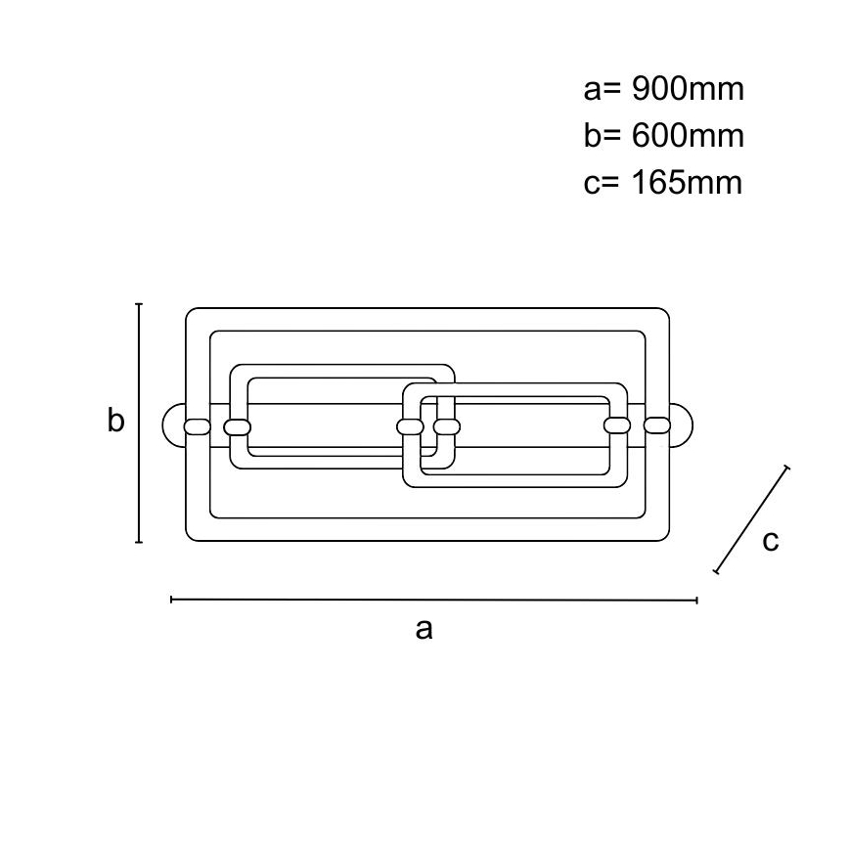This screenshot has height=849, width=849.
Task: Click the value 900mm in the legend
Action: tap(688, 89)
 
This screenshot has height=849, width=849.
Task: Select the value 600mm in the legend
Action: tap(688, 135)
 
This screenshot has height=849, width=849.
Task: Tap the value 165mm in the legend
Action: tap(687, 182)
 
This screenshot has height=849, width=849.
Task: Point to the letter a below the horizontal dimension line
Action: tap(424, 629)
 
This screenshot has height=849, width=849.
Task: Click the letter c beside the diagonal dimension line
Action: tap(771, 540)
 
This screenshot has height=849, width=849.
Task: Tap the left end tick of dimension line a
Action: tap(171, 600)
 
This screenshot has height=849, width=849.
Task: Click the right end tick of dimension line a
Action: tap(696, 600)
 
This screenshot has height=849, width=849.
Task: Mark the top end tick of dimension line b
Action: tap(139, 304)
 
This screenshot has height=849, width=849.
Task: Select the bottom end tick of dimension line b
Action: tap(139, 542)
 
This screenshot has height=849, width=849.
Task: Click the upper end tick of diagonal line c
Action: tap(786, 468)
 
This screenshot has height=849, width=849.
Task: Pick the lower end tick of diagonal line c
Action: tap(716, 572)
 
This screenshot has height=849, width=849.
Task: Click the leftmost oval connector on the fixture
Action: tap(198, 426)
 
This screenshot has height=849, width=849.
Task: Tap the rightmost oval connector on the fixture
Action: tap(656, 425)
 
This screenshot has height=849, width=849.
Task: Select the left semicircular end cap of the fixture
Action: tap(174, 425)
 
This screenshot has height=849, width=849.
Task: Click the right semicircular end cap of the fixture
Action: tap(681, 425)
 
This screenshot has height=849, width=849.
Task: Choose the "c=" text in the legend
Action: tap(601, 183)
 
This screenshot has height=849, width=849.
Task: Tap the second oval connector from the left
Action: tap(237, 427)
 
